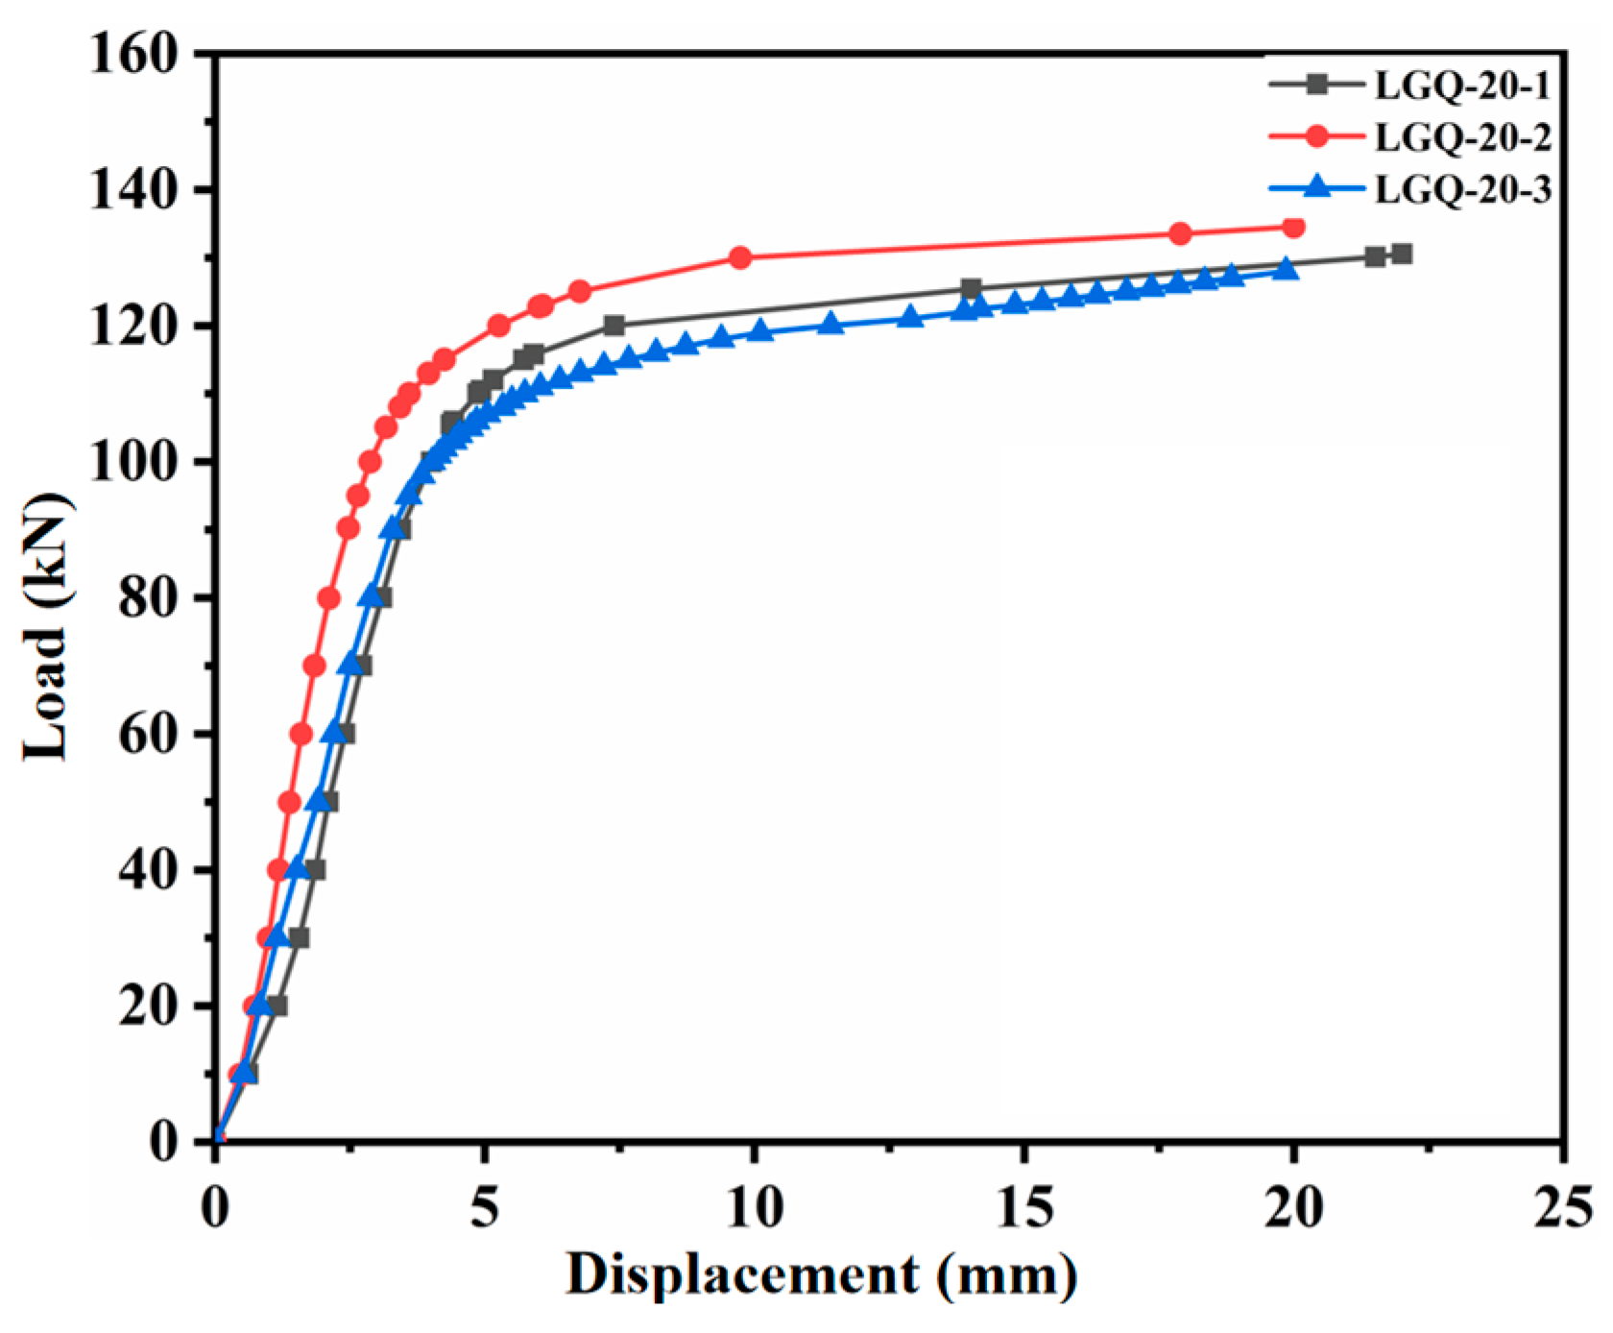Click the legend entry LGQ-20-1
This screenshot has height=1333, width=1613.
point(1461,86)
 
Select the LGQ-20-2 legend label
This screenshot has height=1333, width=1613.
point(1461,137)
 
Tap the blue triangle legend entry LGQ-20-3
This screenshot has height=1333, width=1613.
point(1461,189)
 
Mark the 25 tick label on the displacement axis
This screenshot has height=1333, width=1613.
point(1562,1207)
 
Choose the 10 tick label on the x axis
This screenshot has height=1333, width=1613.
point(755,1207)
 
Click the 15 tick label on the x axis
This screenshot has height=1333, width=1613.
point(1023,1207)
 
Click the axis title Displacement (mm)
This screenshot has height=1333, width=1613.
point(821,1275)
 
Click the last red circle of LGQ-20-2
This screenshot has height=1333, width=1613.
point(1293,227)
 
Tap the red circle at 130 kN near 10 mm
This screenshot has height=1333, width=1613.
point(740,257)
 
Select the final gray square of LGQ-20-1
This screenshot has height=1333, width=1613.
point(1402,254)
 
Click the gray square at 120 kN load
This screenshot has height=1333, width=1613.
point(614,326)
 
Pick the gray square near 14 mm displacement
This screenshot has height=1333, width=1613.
point(971,288)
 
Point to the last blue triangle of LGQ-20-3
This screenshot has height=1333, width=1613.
point(1287,270)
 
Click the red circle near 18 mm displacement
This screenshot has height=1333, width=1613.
point(1181,233)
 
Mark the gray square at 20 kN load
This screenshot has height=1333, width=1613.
point(277,1006)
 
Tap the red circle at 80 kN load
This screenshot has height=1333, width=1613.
point(328,598)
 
